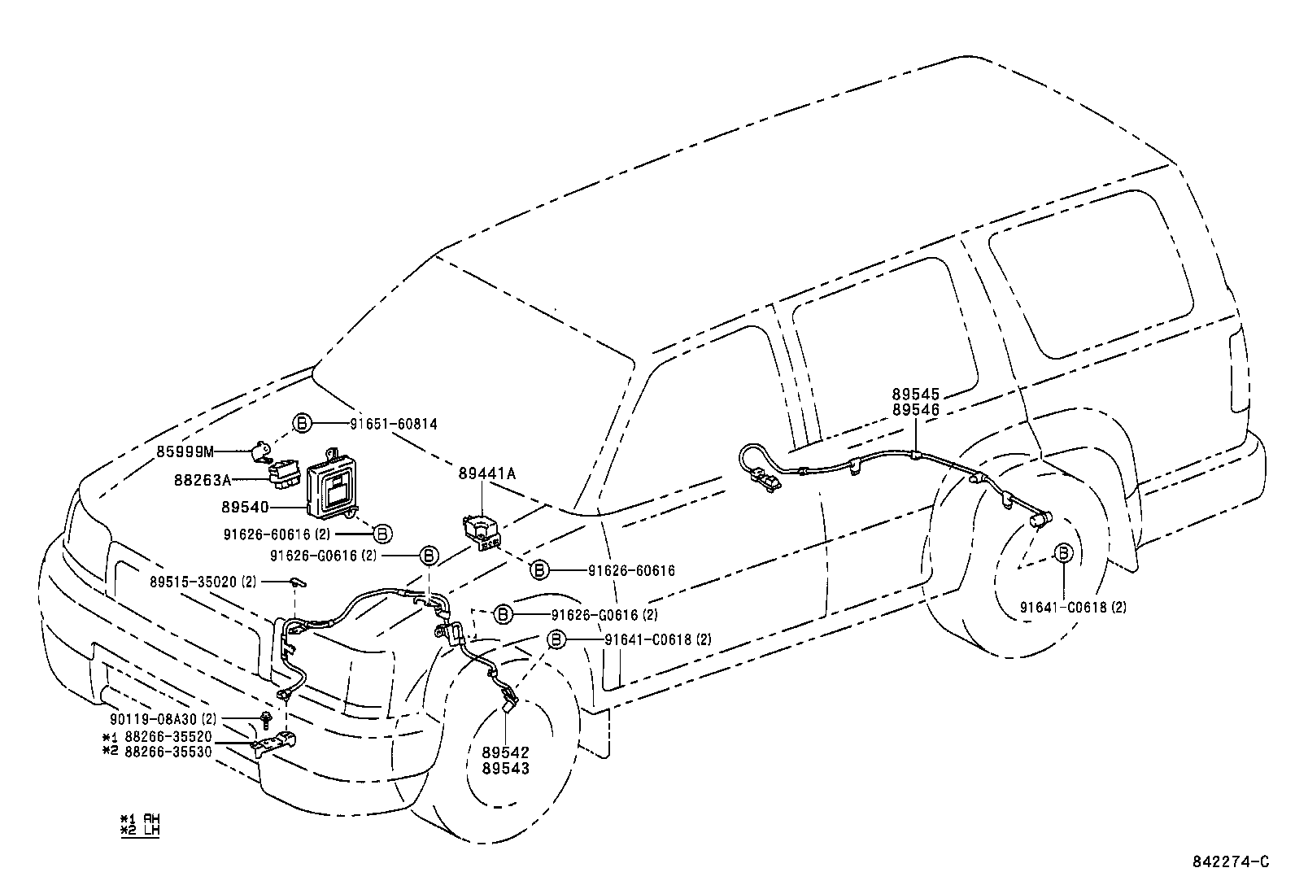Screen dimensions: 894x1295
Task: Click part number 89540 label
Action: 245,507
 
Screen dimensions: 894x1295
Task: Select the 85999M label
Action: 185,451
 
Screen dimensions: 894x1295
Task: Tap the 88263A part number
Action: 202,480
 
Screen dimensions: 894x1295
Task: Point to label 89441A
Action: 486,473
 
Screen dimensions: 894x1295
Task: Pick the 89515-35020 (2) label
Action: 203,582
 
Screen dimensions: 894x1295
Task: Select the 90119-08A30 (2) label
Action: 163,720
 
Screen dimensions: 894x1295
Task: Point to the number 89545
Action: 915,395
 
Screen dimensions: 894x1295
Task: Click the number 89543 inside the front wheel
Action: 505,769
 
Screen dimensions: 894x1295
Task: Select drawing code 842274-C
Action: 1230,862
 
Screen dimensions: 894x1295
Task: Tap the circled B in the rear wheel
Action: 1063,552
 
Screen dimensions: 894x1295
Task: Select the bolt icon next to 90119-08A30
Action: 266,717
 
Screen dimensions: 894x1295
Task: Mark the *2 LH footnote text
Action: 140,831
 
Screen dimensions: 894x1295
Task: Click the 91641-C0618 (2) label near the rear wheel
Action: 1073,607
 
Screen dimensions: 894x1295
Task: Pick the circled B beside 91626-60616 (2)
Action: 382,534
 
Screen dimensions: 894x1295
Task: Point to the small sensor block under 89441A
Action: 481,531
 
